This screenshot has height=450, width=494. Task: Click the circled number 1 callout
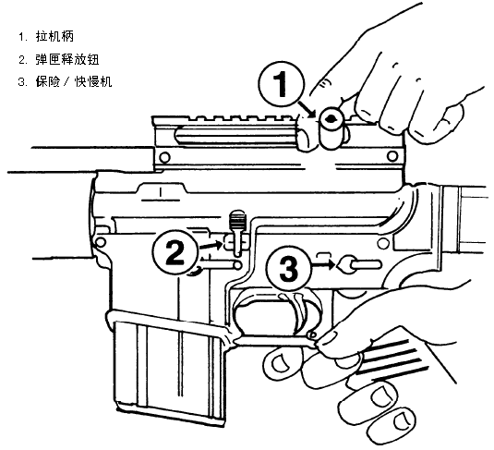(x=282, y=84)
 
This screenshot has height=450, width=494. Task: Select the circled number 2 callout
(x=175, y=252)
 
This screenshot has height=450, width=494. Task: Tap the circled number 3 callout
(x=289, y=269)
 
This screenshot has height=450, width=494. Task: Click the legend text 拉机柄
(x=54, y=36)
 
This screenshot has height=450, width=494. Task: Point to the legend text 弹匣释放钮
(x=67, y=59)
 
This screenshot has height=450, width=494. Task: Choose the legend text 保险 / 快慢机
(x=74, y=82)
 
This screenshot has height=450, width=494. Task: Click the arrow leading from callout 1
(x=307, y=109)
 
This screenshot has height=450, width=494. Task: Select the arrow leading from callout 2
(x=211, y=245)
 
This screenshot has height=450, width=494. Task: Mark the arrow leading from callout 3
(x=323, y=264)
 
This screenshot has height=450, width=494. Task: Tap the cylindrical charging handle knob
(x=331, y=128)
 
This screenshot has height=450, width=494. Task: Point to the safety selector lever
(x=360, y=264)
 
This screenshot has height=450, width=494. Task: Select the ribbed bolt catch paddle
(x=237, y=221)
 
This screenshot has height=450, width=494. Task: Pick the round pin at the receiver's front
(x=101, y=242)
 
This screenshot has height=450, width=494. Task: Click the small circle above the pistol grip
(x=383, y=243)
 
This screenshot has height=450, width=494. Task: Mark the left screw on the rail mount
(x=164, y=157)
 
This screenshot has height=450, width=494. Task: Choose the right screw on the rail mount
(x=392, y=156)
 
